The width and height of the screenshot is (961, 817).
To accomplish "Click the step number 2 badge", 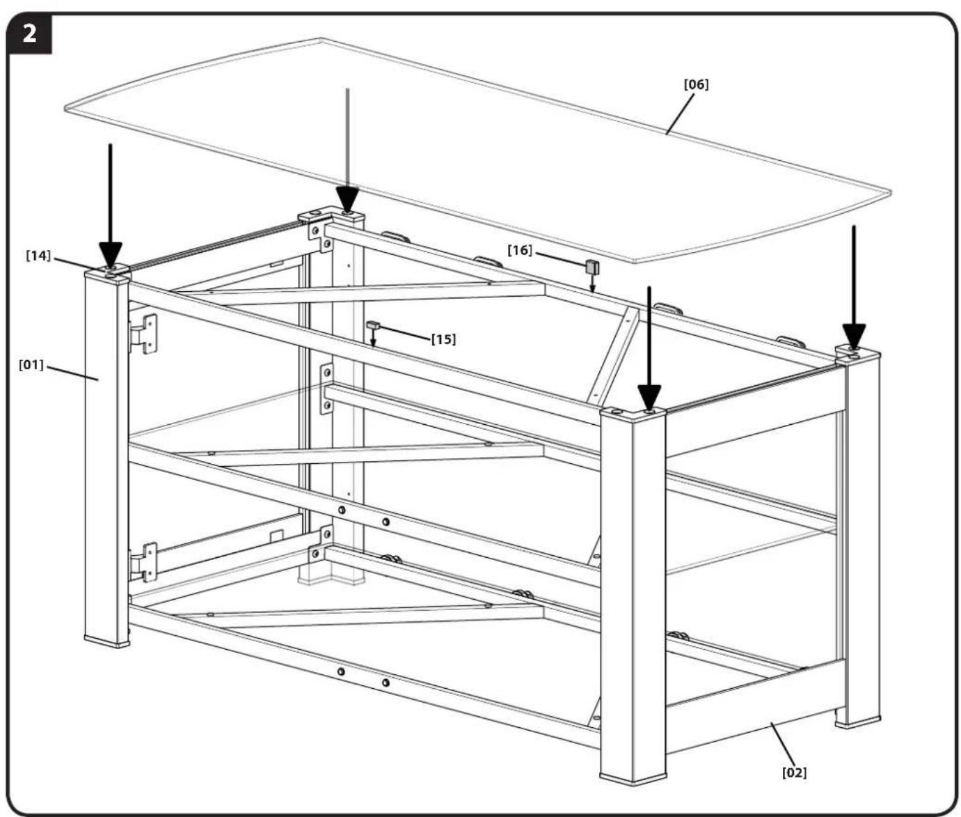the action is [x=29, y=34].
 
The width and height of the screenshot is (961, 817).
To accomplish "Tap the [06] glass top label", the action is [x=696, y=85].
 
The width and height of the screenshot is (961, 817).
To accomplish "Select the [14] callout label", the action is [x=38, y=256].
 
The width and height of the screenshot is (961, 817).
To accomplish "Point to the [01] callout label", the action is [x=31, y=364].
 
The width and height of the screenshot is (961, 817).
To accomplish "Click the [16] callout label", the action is [x=519, y=250].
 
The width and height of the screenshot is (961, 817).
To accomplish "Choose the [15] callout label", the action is [x=443, y=339].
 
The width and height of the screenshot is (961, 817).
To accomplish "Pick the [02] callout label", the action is [x=794, y=772].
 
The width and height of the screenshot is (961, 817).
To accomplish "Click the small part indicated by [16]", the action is [x=592, y=267].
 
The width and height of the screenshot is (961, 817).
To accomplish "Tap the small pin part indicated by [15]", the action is [x=373, y=325].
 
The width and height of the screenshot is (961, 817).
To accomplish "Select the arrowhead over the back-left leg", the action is [x=347, y=199].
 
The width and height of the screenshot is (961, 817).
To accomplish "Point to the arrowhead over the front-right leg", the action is [x=649, y=398].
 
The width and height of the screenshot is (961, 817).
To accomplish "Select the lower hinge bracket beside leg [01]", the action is [x=143, y=562].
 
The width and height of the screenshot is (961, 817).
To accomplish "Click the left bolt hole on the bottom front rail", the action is [x=341, y=671].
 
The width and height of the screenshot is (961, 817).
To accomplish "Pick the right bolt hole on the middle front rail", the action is [x=386, y=522].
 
